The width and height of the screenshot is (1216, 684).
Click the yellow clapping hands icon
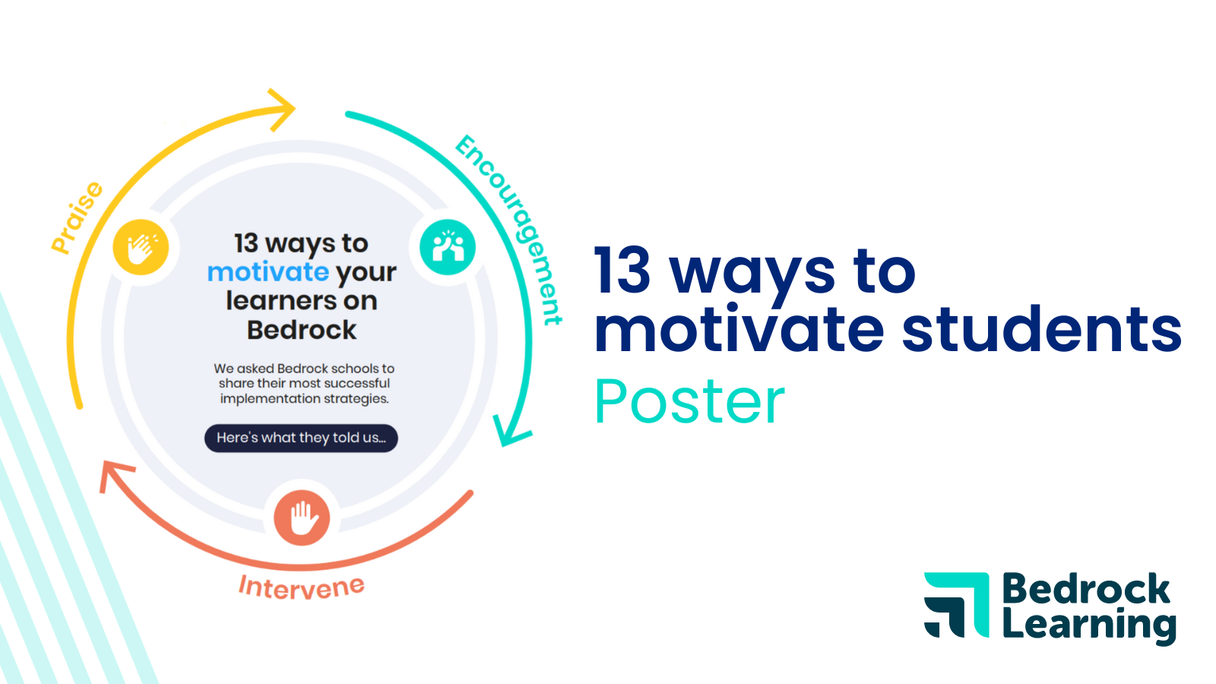coord(141,247)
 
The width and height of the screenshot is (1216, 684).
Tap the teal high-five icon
coord(448,247)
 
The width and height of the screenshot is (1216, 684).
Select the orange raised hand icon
coord(302,518)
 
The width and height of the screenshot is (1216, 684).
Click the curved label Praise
coord(77,217)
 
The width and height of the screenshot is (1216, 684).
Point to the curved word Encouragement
coord(510,228)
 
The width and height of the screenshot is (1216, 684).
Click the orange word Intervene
coord(302,587)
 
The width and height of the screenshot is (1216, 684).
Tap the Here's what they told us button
coord(301,438)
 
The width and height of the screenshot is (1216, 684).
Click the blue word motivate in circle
coord(268,271)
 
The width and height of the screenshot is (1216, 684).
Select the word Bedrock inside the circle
coord(302,330)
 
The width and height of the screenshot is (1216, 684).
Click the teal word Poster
coord(689,401)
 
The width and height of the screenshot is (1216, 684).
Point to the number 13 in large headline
coord(622,271)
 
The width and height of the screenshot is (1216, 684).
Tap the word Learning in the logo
coord(1088,625)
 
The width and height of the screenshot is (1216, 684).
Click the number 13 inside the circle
coord(245,243)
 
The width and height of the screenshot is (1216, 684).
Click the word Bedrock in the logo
coord(1085,589)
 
